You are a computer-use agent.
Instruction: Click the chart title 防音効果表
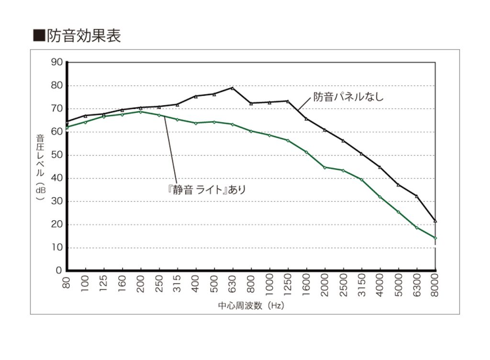click(83, 35)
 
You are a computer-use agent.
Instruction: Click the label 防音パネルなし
click(348, 97)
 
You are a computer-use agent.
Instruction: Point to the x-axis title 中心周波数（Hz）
click(251, 305)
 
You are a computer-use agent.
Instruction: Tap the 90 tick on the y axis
click(57, 62)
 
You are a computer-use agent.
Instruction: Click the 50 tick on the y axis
click(57, 155)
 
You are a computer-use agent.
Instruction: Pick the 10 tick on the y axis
click(57, 247)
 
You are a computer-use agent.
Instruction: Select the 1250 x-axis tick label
click(288, 286)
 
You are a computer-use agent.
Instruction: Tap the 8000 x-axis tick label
click(435, 286)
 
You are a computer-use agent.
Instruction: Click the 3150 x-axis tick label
click(362, 286)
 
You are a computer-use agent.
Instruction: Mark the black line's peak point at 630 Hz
click(233, 88)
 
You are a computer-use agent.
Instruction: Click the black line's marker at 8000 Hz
click(435, 221)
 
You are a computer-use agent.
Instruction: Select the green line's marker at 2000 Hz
click(325, 167)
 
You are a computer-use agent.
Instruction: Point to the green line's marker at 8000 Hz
click(435, 238)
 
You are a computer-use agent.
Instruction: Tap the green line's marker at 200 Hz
click(141, 112)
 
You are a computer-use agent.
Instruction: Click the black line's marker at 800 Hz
click(251, 103)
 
